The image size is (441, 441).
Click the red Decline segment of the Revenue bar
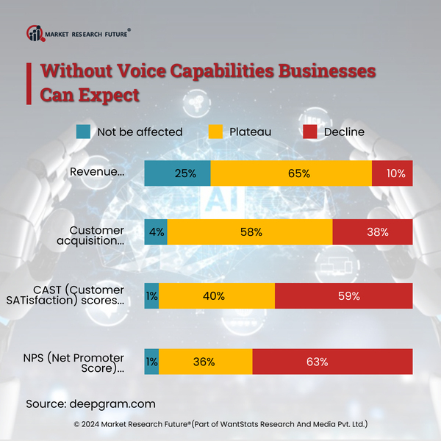[x=392, y=173]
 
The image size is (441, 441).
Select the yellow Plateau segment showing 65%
[x=291, y=173]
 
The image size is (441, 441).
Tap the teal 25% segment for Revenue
[x=177, y=173]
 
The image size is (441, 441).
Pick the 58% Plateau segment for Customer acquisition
[x=250, y=232]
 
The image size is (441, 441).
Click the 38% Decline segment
[x=372, y=232]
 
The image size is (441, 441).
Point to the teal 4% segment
[x=156, y=232]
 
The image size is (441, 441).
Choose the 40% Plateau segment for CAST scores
[x=216, y=296]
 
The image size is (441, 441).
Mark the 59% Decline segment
[x=343, y=296]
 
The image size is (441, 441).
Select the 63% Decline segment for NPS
[x=332, y=362]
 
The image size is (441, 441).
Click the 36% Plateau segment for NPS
[x=205, y=362]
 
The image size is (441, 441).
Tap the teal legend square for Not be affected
[x=84, y=132]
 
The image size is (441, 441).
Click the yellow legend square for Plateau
[x=215, y=132]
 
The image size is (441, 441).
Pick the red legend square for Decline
[x=310, y=132]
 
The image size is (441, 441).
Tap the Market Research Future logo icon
[x=35, y=33]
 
